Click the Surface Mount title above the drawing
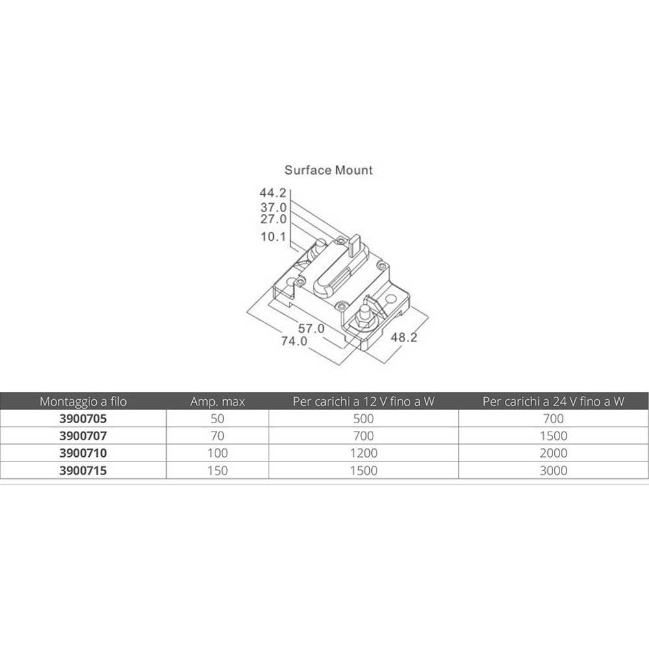(x=328, y=170)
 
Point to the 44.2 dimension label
(x=273, y=193)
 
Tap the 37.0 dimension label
(x=274, y=208)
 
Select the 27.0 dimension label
(x=274, y=219)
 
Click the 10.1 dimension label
(x=274, y=237)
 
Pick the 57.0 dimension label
(x=312, y=328)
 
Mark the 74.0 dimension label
(x=294, y=341)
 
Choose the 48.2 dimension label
(x=404, y=337)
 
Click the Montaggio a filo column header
(x=83, y=402)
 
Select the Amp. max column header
(x=217, y=402)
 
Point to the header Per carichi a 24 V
(x=554, y=402)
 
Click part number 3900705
(x=83, y=419)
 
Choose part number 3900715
(x=83, y=471)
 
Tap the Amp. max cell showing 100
(x=217, y=453)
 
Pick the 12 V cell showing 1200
(x=363, y=453)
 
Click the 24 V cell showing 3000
(x=554, y=471)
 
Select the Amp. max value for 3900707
(x=217, y=436)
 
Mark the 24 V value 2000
(x=554, y=453)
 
